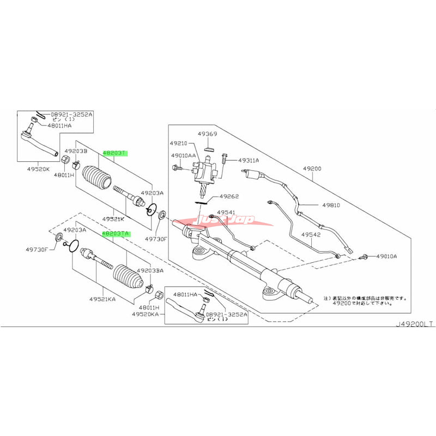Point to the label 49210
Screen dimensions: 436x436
tap(181, 143)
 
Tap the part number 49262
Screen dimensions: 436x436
tap(230, 196)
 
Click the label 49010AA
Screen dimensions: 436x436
tap(184, 155)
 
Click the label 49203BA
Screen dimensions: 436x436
tap(151, 270)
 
